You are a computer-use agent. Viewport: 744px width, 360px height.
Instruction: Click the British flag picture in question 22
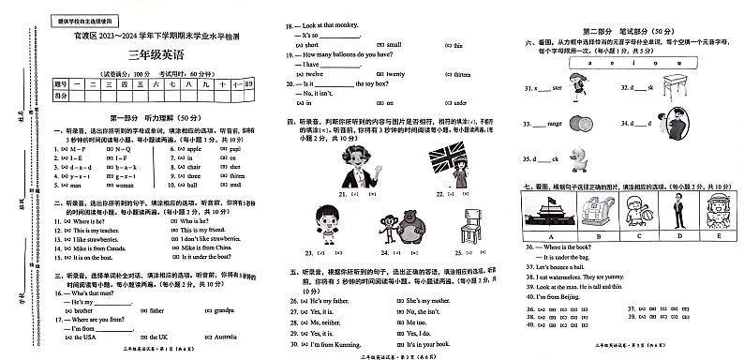point(449,165)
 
